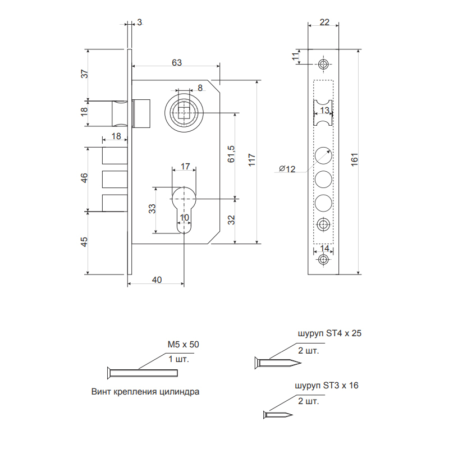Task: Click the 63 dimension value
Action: tap(177, 62)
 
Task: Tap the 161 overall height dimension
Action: tap(355, 159)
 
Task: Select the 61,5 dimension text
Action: tap(231, 154)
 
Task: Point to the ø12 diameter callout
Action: tap(287, 169)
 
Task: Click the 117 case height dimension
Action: tap(251, 160)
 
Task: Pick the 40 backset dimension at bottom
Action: tap(157, 280)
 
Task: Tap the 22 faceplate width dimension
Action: tap(324, 22)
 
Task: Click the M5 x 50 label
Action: tap(184, 344)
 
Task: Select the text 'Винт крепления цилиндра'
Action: tap(145, 391)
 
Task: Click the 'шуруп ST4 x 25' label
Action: tap(329, 333)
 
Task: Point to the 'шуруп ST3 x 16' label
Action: tap(327, 386)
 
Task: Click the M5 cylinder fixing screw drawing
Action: tap(143, 373)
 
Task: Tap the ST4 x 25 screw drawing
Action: tap(278, 363)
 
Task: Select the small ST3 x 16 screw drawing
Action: tap(278, 415)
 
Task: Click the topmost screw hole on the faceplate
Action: tap(323, 64)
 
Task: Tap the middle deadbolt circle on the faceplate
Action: tap(323, 179)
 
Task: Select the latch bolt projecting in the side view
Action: tap(120, 113)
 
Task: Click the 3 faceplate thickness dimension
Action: tap(139, 22)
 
